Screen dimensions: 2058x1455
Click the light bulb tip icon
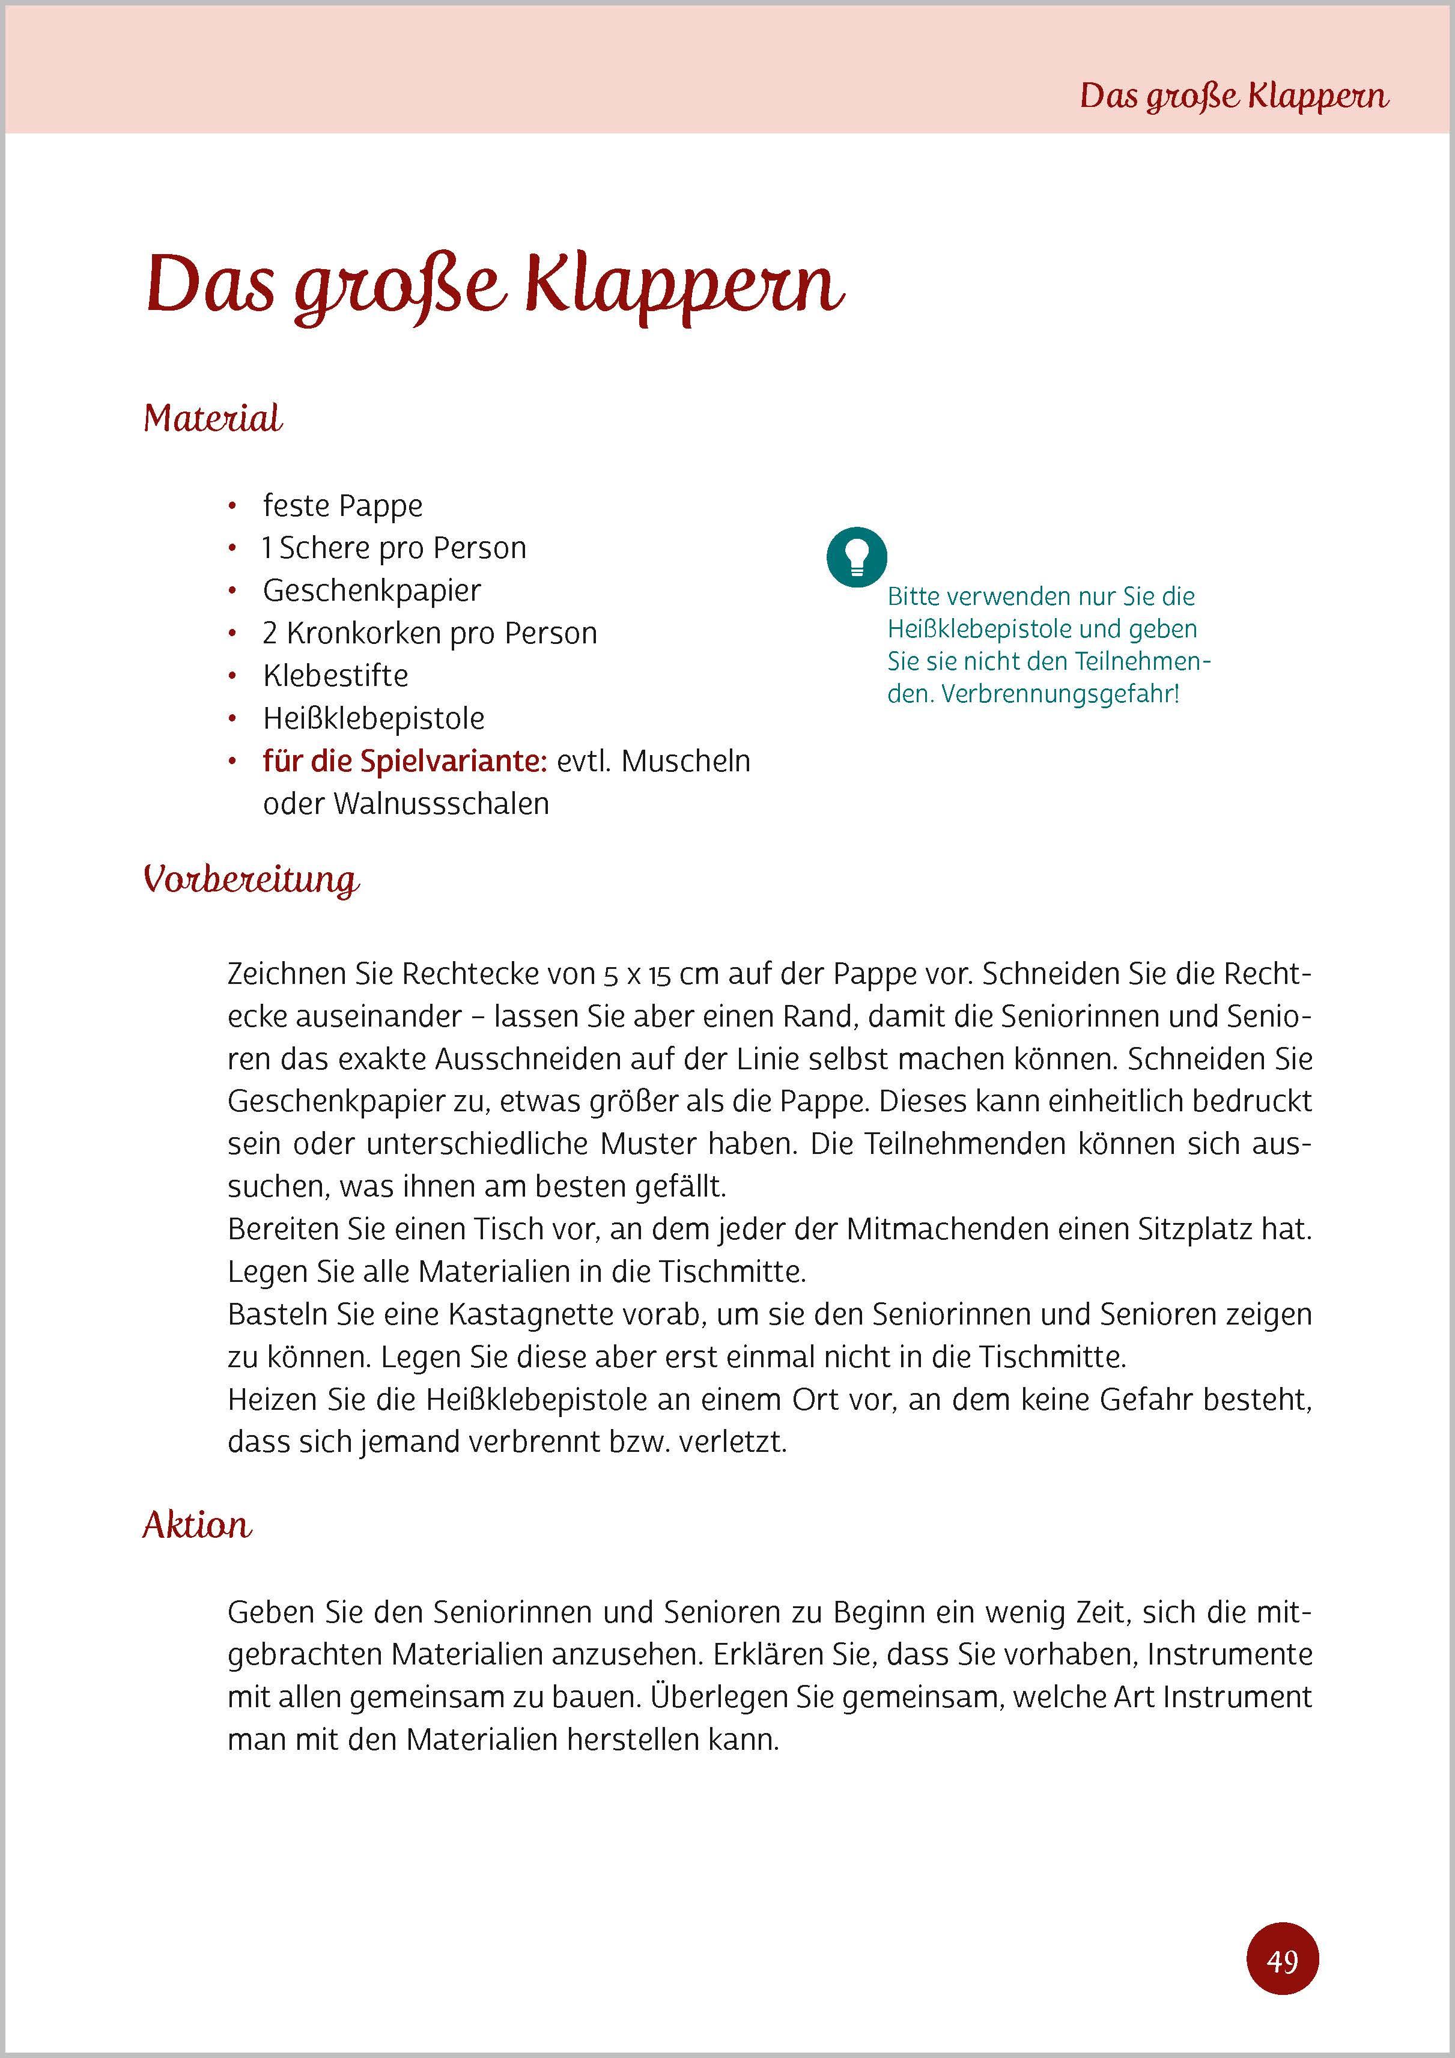(856, 557)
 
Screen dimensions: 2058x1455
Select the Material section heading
(213, 419)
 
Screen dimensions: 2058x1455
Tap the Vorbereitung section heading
(251, 879)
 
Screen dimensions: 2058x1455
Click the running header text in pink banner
(1233, 96)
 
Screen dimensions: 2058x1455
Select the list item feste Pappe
(342, 506)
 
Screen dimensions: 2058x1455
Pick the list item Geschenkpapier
(371, 590)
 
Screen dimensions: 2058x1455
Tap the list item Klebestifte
(335, 676)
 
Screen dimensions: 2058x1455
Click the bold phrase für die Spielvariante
(404, 761)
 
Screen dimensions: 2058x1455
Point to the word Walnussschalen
(441, 804)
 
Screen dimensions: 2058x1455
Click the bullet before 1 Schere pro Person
(232, 548)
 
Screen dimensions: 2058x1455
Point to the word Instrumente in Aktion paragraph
(1229, 1655)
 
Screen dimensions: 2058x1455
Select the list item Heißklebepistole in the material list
(373, 719)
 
